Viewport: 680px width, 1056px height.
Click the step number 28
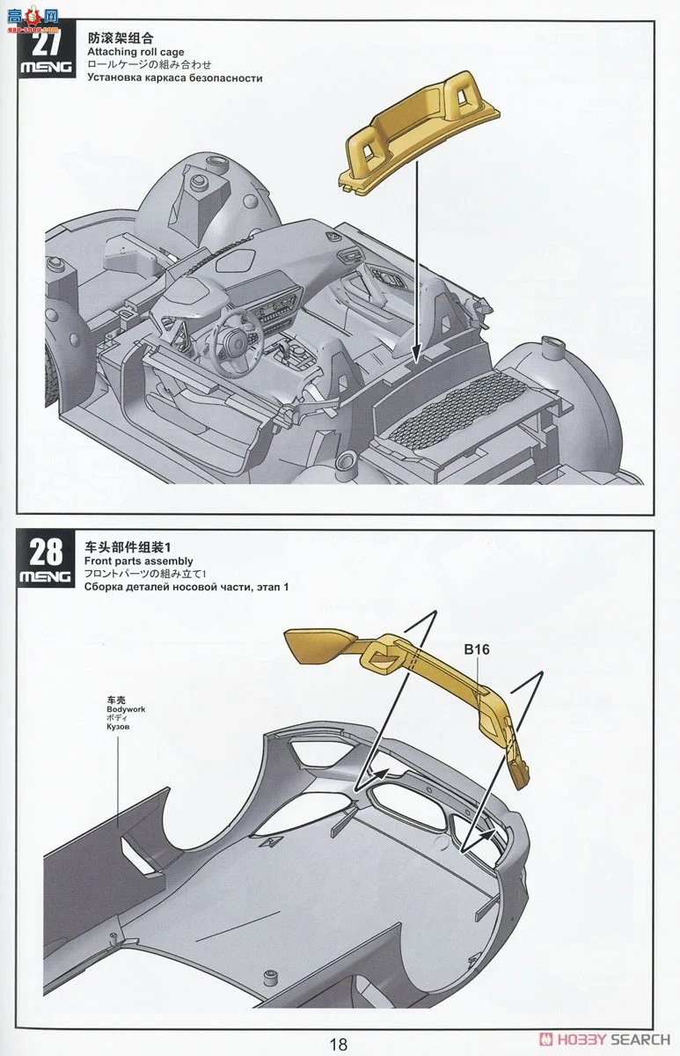pos(46,552)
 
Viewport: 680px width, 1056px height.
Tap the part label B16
pos(476,649)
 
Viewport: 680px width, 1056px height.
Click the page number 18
pos(339,1044)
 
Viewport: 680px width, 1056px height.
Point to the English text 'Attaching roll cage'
pos(135,52)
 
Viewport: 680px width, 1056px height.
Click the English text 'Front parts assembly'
pos(138,561)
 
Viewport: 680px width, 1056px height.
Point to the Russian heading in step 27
pos(174,77)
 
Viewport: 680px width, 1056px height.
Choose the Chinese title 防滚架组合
pos(121,39)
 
